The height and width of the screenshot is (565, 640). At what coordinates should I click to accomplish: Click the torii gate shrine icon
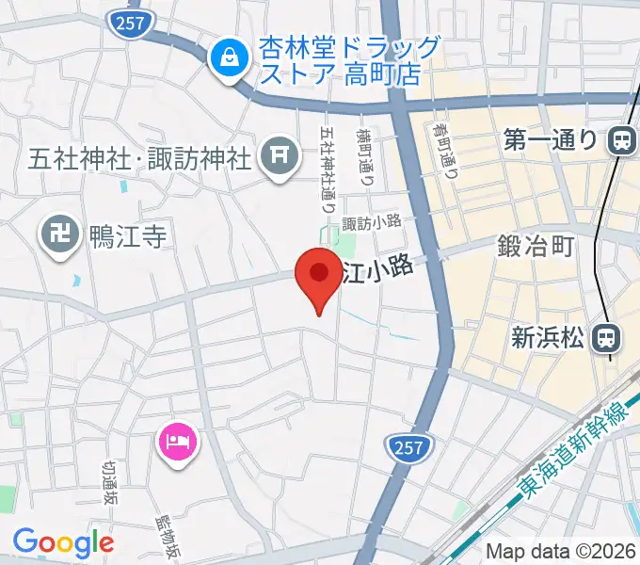(x=278, y=157)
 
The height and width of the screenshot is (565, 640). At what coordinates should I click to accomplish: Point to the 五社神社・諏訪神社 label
(x=139, y=156)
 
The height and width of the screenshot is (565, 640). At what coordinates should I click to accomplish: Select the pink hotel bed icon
(x=178, y=441)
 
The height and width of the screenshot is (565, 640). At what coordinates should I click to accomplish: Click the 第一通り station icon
(x=621, y=140)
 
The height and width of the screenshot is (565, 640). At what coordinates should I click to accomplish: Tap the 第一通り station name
(x=551, y=140)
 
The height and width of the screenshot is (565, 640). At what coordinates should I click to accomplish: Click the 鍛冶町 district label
(x=536, y=248)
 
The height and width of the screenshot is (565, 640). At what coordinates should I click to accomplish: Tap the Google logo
(x=63, y=542)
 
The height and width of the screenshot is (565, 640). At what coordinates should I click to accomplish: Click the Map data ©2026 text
(x=559, y=552)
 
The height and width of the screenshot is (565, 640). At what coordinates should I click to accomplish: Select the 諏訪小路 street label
(x=372, y=223)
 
